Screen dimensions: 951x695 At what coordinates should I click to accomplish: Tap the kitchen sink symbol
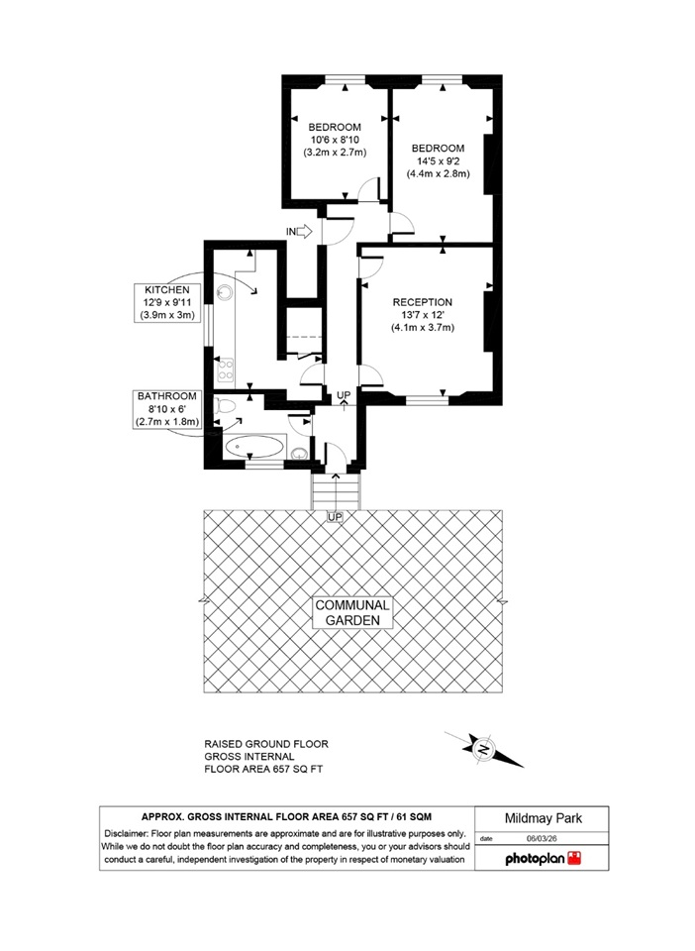coord(224,292)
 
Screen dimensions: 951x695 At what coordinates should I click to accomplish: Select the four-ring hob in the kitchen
coord(225,369)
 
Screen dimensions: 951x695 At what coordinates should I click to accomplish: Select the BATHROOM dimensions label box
coord(167,408)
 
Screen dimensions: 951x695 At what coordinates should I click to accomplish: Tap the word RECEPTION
coord(422,302)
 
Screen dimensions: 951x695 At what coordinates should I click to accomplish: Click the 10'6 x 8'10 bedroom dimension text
coord(334,140)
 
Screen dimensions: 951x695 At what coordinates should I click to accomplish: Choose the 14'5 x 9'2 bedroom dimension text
coord(438,160)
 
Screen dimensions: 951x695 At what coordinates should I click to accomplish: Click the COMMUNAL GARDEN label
coord(353,612)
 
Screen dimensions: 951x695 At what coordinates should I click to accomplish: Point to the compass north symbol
coord(484,749)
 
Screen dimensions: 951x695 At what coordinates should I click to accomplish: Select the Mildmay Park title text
coord(542,819)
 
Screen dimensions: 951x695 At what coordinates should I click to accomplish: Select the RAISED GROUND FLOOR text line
coord(265,743)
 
